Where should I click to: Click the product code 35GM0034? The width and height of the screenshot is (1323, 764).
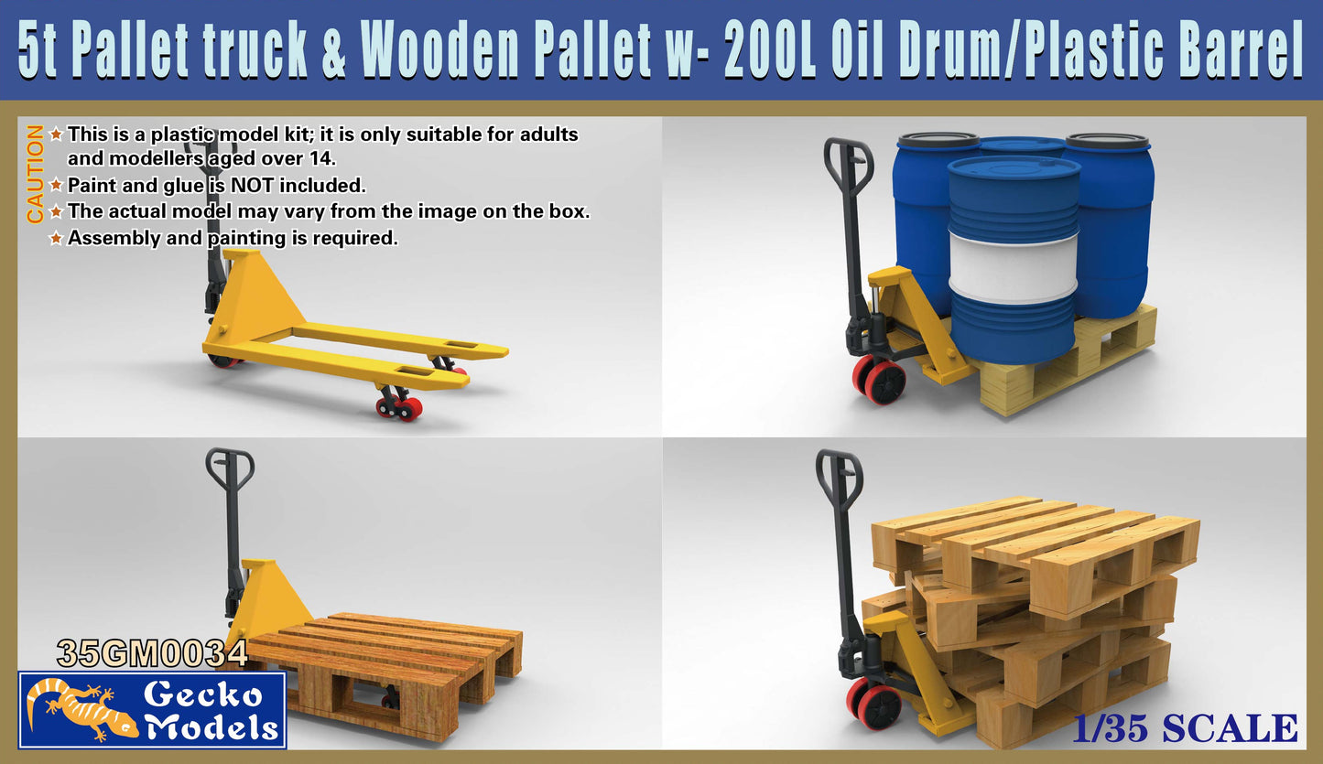(152, 653)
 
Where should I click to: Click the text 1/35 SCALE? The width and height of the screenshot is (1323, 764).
(1187, 728)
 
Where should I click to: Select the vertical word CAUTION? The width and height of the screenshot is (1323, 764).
(35, 174)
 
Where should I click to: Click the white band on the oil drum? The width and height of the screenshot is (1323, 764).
(1014, 266)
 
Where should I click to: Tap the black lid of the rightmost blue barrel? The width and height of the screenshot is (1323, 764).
(1106, 141)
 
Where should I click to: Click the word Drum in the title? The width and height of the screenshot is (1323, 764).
(944, 53)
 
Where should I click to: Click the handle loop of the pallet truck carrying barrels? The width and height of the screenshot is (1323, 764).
(849, 156)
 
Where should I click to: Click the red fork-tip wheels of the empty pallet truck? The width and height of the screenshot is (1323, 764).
(400, 406)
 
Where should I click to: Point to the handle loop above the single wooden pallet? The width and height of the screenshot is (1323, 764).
(229, 468)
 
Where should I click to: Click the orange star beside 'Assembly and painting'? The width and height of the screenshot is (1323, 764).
(57, 239)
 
